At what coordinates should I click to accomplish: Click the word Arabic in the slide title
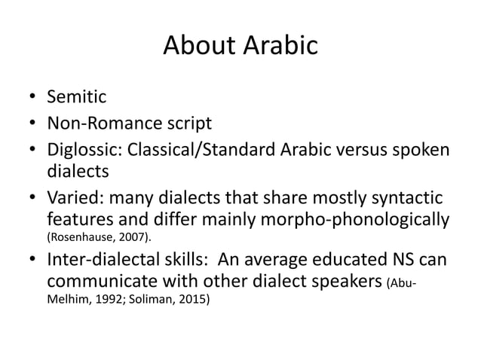(x=279, y=47)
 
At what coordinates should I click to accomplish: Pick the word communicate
(x=97, y=282)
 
